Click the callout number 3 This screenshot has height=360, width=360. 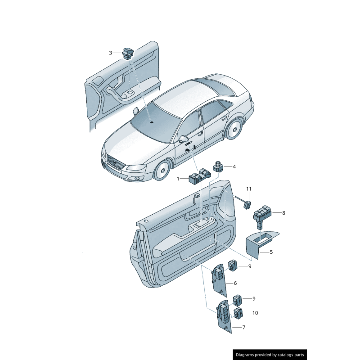pyautogui.click(x=110, y=53)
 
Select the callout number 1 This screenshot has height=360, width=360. pyautogui.click(x=178, y=179)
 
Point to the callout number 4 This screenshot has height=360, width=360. pyautogui.click(x=234, y=166)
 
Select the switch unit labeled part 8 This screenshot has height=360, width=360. pyautogui.click(x=262, y=215)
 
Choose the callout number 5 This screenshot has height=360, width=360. pyautogui.click(x=271, y=252)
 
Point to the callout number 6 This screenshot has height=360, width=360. pyautogui.click(x=235, y=283)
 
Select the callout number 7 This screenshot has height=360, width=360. pyautogui.click(x=244, y=327)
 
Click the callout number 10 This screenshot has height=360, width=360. pyautogui.click(x=255, y=313)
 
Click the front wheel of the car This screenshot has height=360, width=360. pyautogui.click(x=162, y=171)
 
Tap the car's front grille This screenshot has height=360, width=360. pyautogui.click(x=116, y=162)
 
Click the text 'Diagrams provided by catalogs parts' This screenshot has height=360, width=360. pyautogui.click(x=270, y=355)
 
